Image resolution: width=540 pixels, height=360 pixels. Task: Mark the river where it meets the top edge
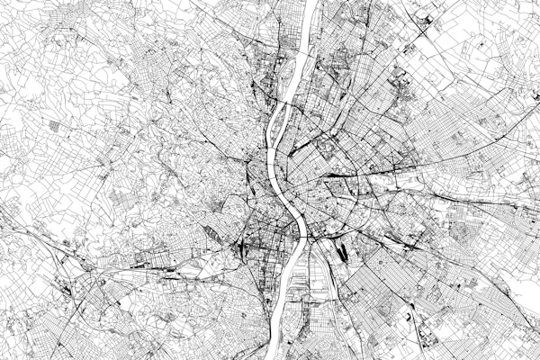[309, 3]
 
